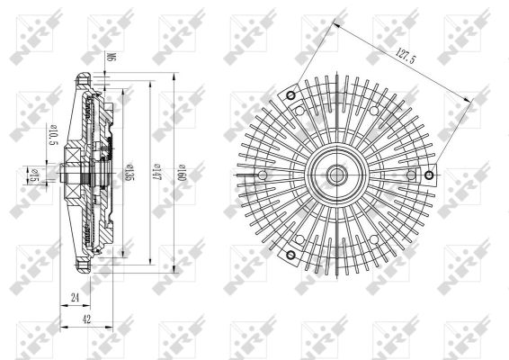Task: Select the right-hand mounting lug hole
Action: click(430, 174)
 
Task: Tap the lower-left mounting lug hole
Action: click(290, 256)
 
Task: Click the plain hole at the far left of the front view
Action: click(263, 175)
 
